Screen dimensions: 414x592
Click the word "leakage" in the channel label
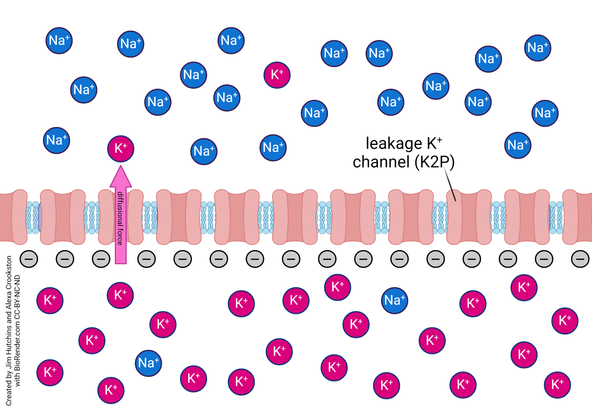tap(394, 143)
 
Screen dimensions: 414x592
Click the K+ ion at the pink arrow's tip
tap(121, 149)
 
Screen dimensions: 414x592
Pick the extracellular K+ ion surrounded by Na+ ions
tap(277, 75)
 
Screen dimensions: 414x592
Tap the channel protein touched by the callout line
tap(469, 217)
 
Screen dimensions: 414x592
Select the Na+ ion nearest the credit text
tap(148, 363)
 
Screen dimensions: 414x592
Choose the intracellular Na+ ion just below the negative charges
tap(395, 300)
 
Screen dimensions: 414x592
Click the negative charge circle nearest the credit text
tap(29, 259)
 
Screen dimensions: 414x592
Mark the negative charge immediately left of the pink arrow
tap(101, 259)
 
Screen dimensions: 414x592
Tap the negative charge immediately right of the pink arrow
tap(146, 259)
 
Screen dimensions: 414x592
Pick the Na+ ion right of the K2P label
tap(518, 145)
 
